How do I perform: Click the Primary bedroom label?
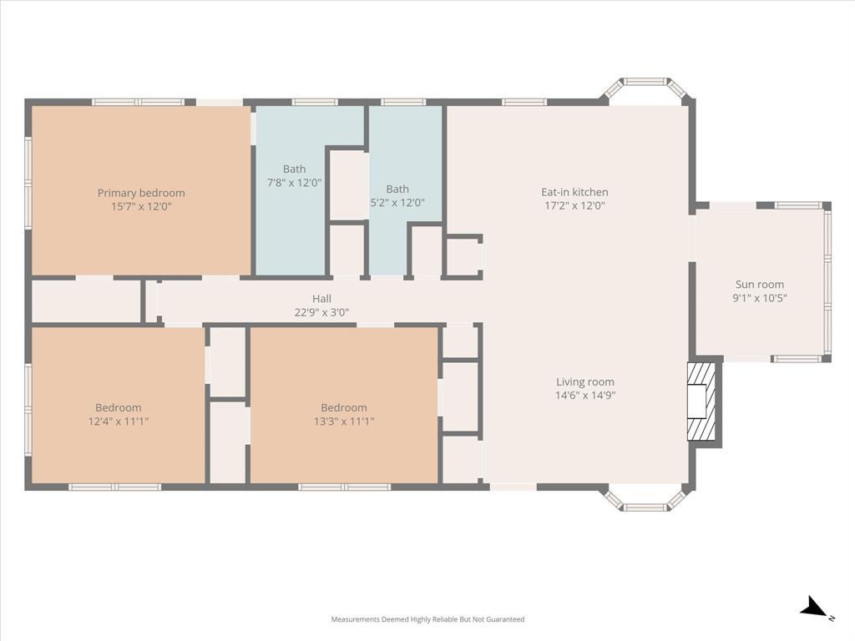point(141,193)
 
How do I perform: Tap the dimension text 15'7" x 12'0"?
point(141,206)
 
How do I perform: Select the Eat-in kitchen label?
point(574,192)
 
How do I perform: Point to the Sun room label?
point(759,285)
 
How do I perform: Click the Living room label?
point(584,382)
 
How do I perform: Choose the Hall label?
point(321,299)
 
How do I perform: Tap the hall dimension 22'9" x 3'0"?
point(321,313)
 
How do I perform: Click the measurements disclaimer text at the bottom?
point(427,619)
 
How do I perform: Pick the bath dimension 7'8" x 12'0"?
point(294,183)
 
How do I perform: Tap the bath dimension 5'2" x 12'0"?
point(397,203)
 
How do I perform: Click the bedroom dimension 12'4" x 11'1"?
point(118,421)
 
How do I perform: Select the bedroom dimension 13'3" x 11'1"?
point(343,421)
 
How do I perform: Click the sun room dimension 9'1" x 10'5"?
point(759,298)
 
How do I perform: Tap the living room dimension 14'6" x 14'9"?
point(584,396)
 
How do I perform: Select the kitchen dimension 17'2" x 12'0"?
point(574,205)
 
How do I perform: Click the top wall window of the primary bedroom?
point(138,102)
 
